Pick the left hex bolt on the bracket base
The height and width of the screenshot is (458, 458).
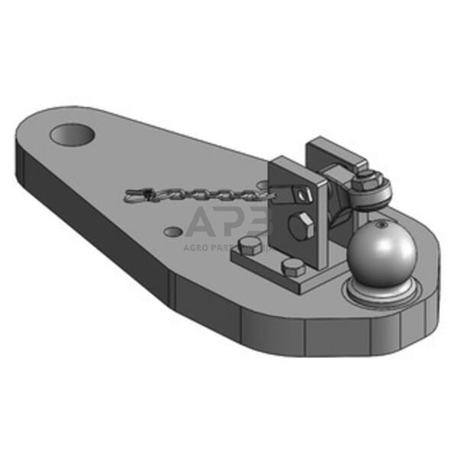pyautogui.click(x=250, y=246)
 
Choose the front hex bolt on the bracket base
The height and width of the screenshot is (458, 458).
pyautogui.click(x=292, y=268)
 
